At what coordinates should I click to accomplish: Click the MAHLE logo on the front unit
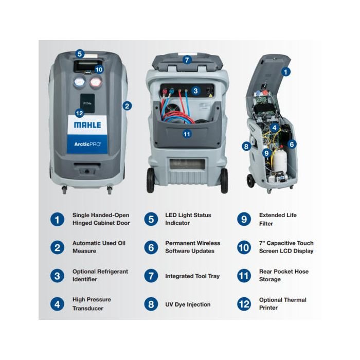click(x=87, y=125)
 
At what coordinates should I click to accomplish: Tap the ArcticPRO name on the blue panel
click(x=87, y=144)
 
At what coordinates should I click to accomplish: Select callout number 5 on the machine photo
click(x=80, y=54)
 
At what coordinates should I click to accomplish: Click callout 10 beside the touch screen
click(x=99, y=69)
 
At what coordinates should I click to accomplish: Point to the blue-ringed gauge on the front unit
click(x=79, y=82)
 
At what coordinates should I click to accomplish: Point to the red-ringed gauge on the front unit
click(x=96, y=82)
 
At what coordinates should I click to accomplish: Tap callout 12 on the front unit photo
click(x=79, y=113)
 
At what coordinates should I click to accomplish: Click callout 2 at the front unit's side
click(x=127, y=106)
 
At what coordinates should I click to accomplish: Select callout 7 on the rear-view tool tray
click(x=187, y=60)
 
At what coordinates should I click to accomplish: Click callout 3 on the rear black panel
click(x=195, y=91)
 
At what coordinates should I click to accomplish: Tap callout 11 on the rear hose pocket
click(x=187, y=134)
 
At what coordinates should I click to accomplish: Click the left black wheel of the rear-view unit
click(x=150, y=181)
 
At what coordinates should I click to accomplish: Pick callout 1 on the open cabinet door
click(x=286, y=72)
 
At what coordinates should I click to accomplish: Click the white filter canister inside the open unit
click(x=280, y=160)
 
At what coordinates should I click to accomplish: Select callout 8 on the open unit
click(x=246, y=146)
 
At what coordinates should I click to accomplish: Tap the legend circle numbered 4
click(x=57, y=304)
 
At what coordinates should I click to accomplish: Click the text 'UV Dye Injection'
click(x=188, y=304)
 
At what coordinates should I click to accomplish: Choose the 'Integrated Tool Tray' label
click(x=192, y=276)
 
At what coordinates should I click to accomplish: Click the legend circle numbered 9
click(x=244, y=219)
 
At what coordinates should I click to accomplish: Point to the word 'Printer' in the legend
click(x=268, y=308)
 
